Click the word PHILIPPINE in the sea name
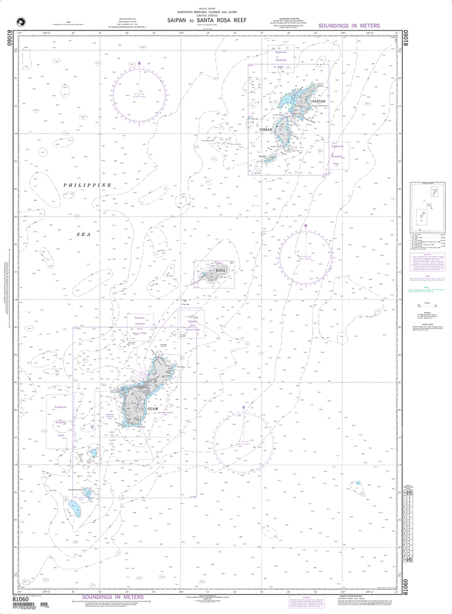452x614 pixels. pos(88,186)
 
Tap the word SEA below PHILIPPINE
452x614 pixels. pos(84,235)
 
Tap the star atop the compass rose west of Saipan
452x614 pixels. pos(139,62)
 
